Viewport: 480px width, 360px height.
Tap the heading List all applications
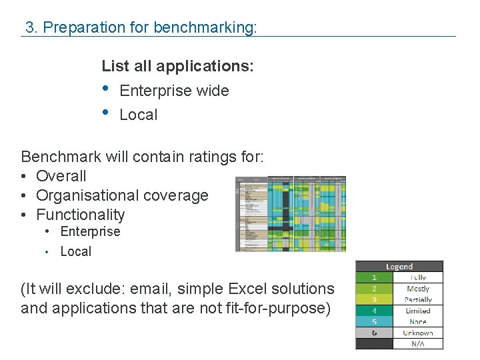(177, 67)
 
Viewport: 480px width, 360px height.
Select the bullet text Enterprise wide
(174, 91)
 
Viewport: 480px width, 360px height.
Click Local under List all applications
(138, 115)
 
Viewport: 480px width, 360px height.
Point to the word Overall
(61, 176)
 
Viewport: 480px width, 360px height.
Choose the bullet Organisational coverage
(122, 195)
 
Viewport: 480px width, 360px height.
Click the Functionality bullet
(80, 215)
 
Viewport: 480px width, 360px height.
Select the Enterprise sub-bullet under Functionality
(90, 232)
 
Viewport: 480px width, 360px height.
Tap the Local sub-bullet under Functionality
(75, 251)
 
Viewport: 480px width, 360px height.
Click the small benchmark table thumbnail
(291, 213)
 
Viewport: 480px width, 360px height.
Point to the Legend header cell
(399, 267)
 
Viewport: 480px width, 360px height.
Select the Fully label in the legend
(418, 277)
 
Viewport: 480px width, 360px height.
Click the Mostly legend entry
(418, 289)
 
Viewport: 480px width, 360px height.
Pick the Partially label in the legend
(418, 300)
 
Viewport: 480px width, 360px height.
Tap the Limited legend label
(418, 311)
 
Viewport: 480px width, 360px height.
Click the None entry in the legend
(418, 321)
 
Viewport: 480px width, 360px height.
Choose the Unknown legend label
(418, 333)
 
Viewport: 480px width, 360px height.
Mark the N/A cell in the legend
(418, 343)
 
